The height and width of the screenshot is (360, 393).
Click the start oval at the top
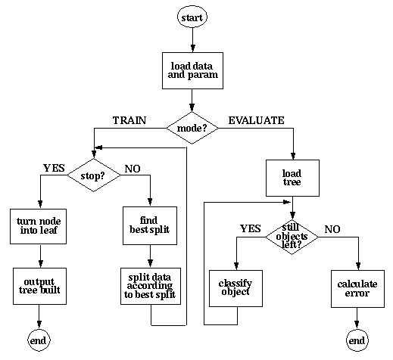tap(192, 15)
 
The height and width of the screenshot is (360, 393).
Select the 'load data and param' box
tap(192, 70)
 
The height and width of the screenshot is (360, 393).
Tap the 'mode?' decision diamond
tap(192, 128)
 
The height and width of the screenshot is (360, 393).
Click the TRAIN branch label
tap(129, 119)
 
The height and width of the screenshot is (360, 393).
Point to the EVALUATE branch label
tap(256, 119)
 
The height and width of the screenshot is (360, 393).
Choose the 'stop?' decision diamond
tap(94, 176)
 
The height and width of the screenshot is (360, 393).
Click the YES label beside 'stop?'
tap(54, 168)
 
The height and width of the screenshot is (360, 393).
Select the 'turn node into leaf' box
tap(38, 226)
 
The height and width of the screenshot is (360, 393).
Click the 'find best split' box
tap(150, 225)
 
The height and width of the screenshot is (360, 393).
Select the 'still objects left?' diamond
tap(292, 236)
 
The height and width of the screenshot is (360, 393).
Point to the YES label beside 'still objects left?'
tap(251, 228)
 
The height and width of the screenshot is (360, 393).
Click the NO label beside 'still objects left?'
tap(332, 228)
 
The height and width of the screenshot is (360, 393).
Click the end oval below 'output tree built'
tap(38, 340)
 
